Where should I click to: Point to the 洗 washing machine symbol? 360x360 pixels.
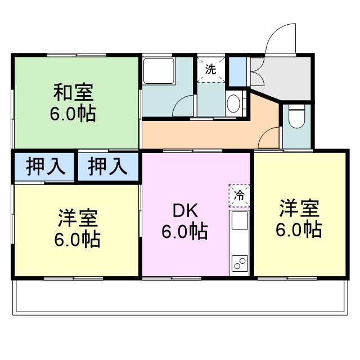pyautogui.click(x=210, y=70)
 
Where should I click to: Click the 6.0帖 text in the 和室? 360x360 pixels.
pyautogui.click(x=73, y=114)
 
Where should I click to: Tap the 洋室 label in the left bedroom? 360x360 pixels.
pyautogui.click(x=78, y=218)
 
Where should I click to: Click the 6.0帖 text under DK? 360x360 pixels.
pyautogui.click(x=184, y=231)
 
